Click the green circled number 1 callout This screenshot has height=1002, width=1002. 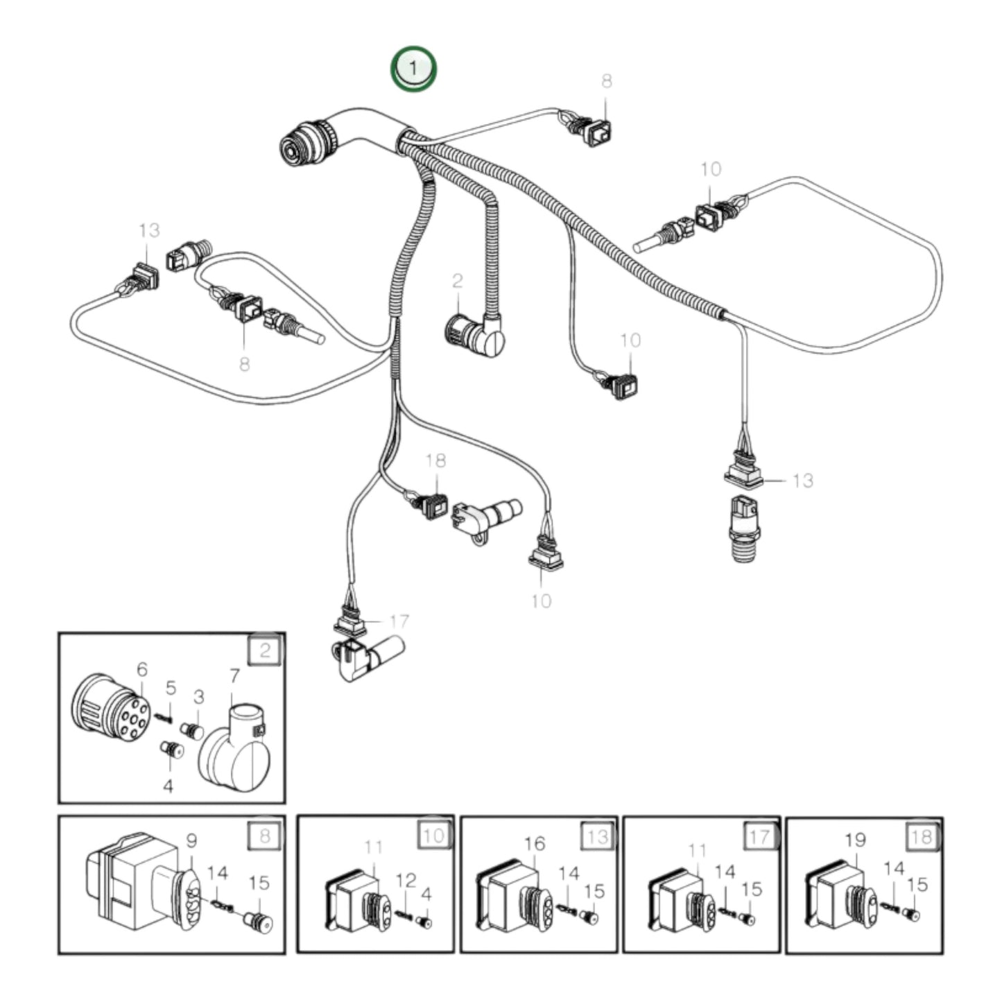point(413,69)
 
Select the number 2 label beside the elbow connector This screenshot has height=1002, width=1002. point(457,281)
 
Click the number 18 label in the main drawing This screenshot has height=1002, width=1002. point(435,460)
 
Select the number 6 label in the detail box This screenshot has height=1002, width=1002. point(142,669)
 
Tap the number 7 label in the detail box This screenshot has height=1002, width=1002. point(234,675)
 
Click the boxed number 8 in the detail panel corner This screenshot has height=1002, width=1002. point(264,836)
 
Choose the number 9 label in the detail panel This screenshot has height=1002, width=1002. point(191,840)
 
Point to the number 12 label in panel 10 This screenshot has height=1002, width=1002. point(406,881)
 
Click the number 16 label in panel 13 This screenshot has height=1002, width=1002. point(535,844)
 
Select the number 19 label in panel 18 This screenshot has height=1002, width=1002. point(856,840)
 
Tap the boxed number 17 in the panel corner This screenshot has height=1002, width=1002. point(759,836)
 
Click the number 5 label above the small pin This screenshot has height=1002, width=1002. point(171,688)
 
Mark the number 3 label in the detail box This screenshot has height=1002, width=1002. point(199,696)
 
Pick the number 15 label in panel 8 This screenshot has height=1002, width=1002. point(259,883)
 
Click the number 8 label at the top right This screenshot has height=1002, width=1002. point(607,81)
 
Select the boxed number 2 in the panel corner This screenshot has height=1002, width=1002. point(264,650)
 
